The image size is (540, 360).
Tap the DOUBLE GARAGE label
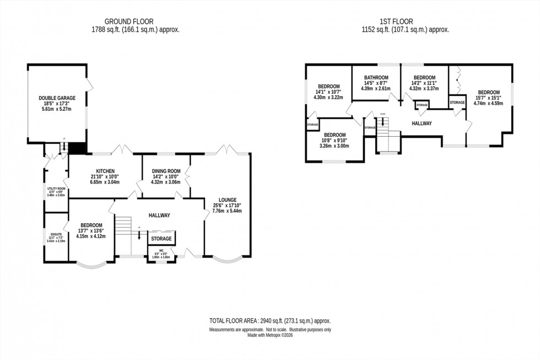57,98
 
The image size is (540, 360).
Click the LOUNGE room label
227,200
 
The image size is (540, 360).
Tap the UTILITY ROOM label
56,189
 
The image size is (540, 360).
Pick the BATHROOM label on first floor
375,78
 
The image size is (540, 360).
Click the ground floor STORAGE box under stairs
161,239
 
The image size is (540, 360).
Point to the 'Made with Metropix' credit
269,334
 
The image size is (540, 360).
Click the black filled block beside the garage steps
78,148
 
